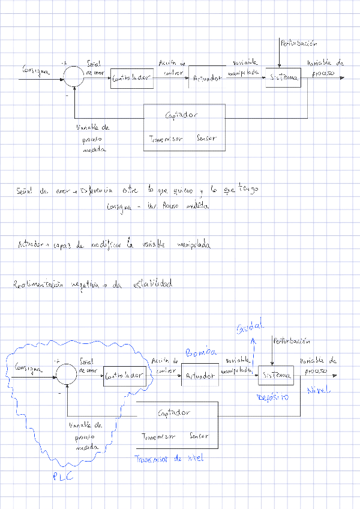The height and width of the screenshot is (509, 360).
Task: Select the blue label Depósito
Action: (x=273, y=397)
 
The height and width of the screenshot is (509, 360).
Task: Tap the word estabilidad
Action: (x=149, y=283)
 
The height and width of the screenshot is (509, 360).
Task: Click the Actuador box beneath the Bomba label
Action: (x=200, y=376)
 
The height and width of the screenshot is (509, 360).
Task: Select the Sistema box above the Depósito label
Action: (x=275, y=375)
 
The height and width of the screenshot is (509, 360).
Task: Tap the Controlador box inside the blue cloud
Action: (x=124, y=376)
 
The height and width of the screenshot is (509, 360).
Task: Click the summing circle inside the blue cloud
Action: (x=67, y=376)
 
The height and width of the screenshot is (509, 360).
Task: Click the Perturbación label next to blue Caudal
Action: (x=291, y=342)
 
